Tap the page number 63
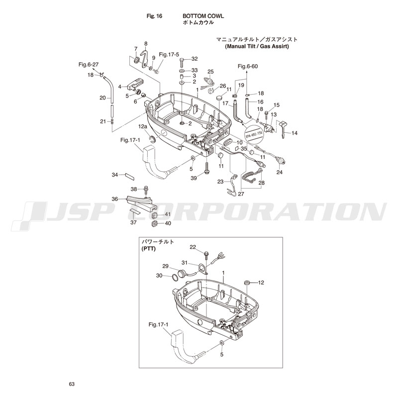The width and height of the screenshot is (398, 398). point(72,384)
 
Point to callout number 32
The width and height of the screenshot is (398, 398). point(195,59)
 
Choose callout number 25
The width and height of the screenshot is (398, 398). point(210,72)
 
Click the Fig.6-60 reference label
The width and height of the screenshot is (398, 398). point(247,67)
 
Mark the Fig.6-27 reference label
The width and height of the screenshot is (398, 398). point(89,64)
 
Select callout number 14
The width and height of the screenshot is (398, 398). point(295,133)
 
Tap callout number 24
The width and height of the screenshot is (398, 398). point(279,172)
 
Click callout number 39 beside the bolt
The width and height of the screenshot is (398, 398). point(194,178)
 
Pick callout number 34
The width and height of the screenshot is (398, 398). point(114,175)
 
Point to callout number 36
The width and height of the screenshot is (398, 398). point(114,199)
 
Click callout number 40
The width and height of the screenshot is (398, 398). point(168,223)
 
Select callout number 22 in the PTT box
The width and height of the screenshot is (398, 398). point(193,247)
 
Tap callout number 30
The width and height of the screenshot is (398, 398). point(159,276)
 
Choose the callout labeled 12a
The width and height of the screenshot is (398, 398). point(143,127)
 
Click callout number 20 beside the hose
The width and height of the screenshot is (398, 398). point(102,98)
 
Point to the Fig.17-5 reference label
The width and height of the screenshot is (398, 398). point(169,54)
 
